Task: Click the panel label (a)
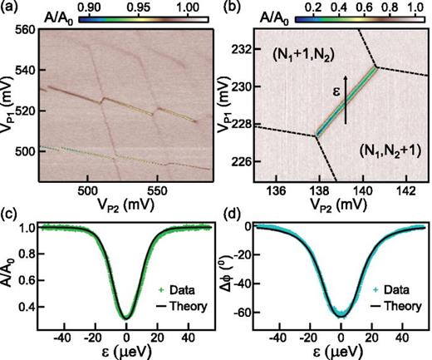click(x=11, y=8)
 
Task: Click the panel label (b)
click(x=228, y=8)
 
